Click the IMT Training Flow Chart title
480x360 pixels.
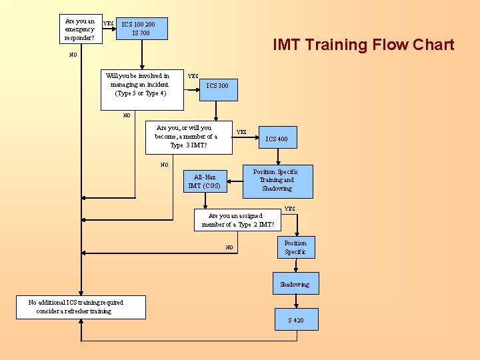coord(363,45)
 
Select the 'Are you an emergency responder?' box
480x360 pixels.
coord(80,29)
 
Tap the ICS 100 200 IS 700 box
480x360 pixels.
coord(141,28)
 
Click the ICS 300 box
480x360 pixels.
coord(217,87)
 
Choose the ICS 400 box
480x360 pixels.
coord(277,138)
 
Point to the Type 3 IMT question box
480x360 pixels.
coord(186,136)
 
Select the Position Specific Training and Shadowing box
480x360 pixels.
coord(277,181)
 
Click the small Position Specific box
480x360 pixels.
coord(295,247)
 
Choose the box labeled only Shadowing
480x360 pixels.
coord(295,283)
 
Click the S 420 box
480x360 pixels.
coord(296,320)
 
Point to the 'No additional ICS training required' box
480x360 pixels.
coord(76,307)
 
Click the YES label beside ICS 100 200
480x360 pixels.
coord(109,24)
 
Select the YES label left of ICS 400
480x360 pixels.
coord(241,132)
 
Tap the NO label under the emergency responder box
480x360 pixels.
coord(73,55)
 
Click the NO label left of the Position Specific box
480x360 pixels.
coord(229,247)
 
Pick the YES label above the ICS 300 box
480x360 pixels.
coord(193,76)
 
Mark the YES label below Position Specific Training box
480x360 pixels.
coord(289,209)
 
